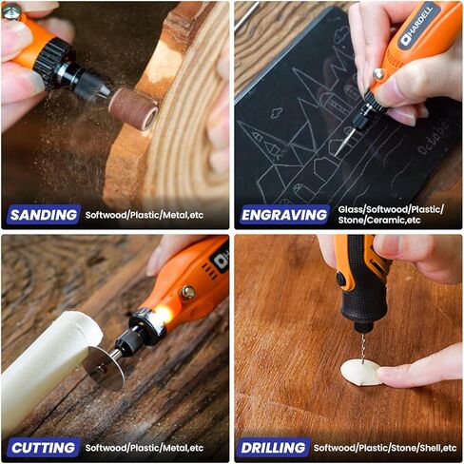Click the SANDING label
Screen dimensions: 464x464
[43, 215]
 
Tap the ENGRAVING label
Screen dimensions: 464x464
[285, 215]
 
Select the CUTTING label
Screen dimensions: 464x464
[43, 447]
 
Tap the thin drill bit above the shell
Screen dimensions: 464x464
[358, 345]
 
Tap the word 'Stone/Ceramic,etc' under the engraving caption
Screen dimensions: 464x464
[379, 221]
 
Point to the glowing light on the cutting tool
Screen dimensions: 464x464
[160, 313]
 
